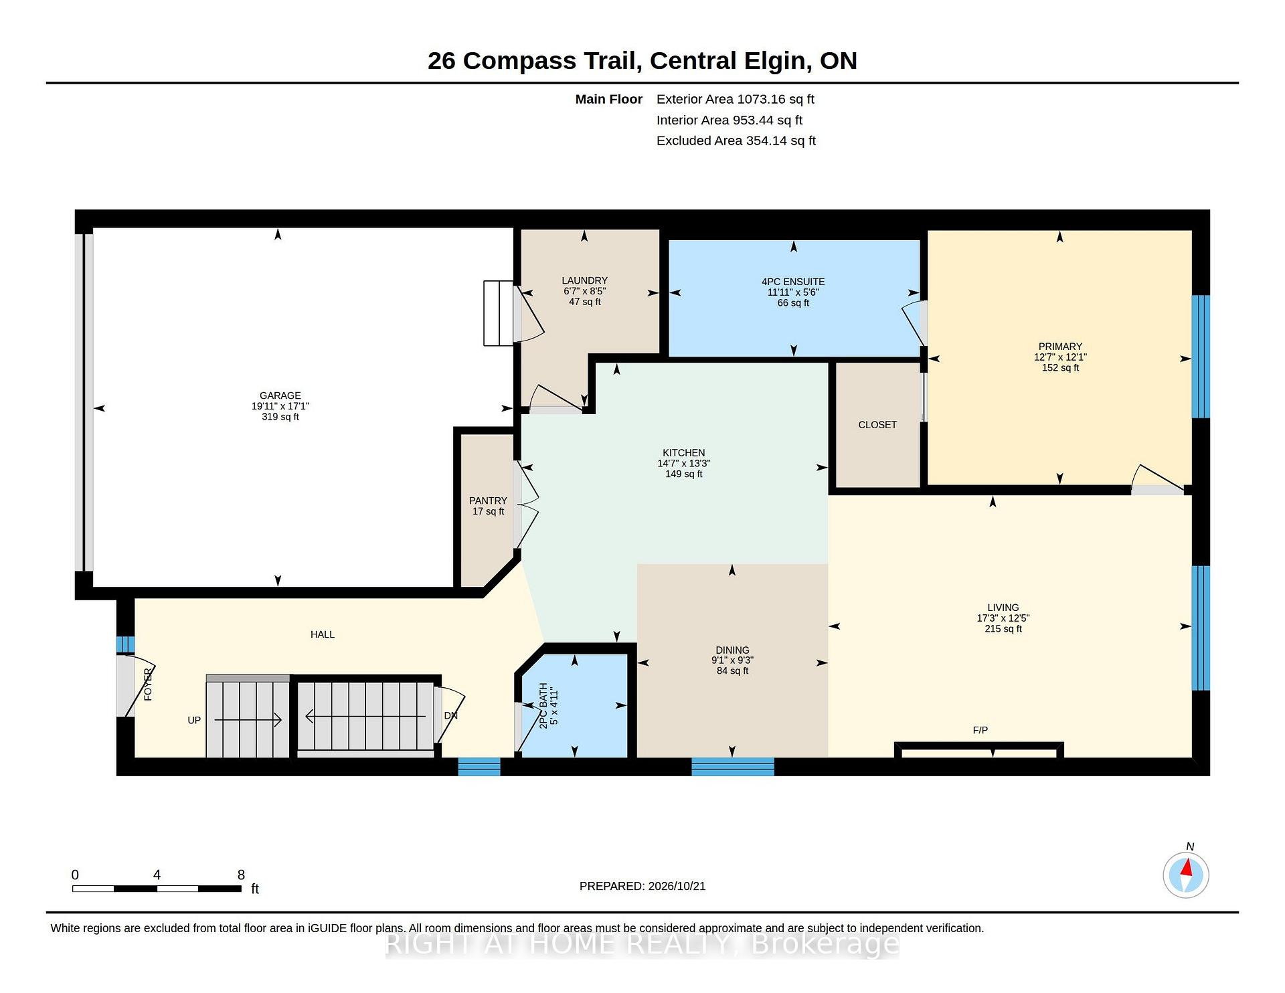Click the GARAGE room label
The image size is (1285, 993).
pos(280,395)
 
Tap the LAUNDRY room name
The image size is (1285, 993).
pos(584,280)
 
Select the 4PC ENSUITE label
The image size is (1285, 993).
pos(793,282)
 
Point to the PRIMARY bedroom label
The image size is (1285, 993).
pos(1060,347)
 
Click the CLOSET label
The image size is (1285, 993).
pos(877,425)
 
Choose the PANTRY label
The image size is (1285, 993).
pos(488,501)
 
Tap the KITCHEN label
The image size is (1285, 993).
pos(683,453)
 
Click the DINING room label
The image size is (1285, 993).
pos(732,650)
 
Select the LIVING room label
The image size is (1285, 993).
pos(1003,608)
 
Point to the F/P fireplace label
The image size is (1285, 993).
pos(980,730)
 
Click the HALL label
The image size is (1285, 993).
pos(323,634)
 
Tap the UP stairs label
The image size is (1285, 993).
pos(194,720)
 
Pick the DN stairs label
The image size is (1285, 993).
pos(451,715)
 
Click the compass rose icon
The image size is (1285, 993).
pos(1186,875)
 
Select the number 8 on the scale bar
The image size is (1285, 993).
pos(241,875)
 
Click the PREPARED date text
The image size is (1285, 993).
pos(642,886)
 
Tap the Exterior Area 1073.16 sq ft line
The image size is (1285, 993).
pos(736,99)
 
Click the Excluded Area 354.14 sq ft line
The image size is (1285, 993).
pos(736,141)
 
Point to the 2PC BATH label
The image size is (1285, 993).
pos(543,705)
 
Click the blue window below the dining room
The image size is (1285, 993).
pos(733,767)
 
